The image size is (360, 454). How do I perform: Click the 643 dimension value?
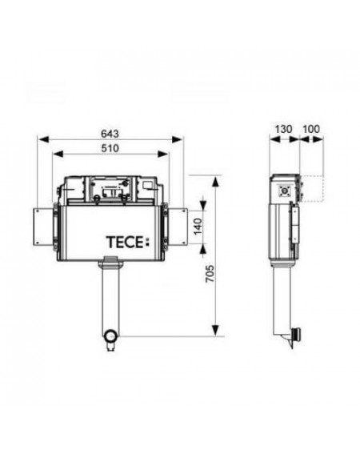tap(110, 134)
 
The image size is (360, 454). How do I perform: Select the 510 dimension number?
tap(110, 149)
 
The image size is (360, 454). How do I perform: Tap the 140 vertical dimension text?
tap(198, 227)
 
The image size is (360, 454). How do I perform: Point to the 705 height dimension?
tap(210, 273)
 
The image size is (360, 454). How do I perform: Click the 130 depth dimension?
tap(283, 129)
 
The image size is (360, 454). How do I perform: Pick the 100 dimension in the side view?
tap(311, 129)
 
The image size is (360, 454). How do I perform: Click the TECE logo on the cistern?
tap(128, 243)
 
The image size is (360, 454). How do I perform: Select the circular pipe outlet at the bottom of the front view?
tap(110, 336)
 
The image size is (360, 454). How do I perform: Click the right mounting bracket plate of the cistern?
tap(177, 227)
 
